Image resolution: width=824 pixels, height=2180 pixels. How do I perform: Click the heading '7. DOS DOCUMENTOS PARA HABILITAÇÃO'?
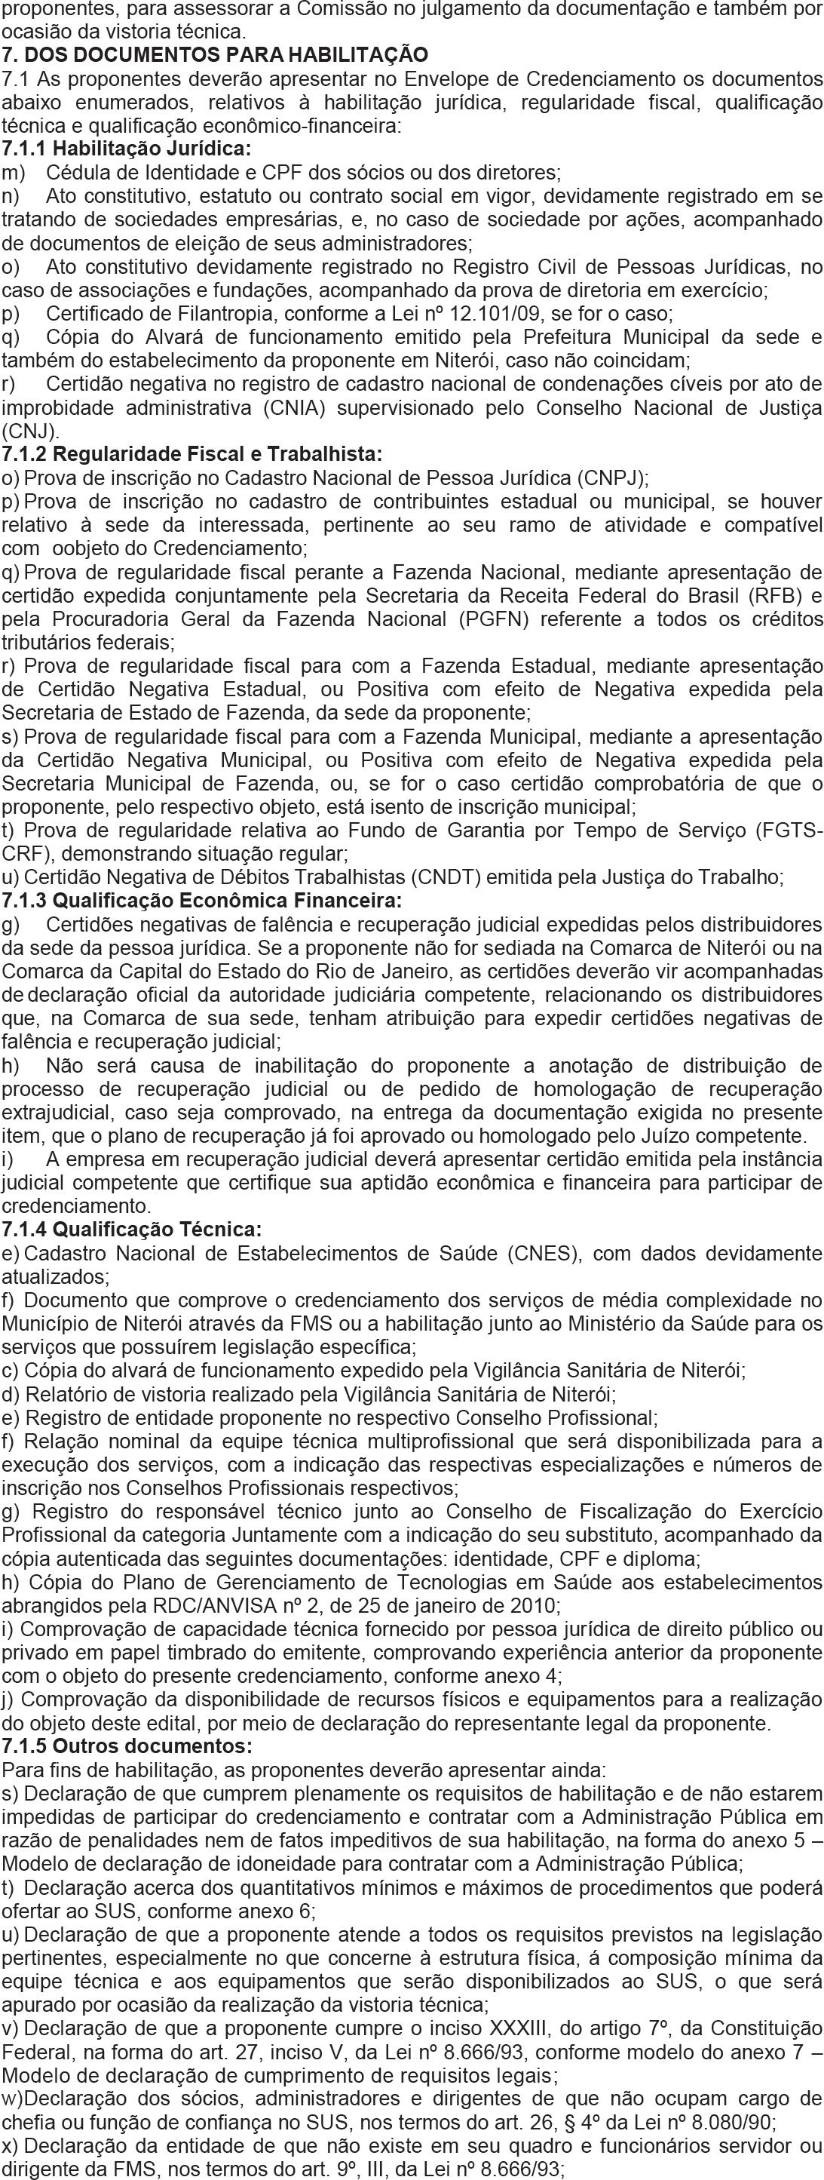coord(215,56)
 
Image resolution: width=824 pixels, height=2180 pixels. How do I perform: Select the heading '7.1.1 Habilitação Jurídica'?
coord(127,149)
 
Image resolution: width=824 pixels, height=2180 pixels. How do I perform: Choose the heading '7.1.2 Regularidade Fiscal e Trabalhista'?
coord(192,454)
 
